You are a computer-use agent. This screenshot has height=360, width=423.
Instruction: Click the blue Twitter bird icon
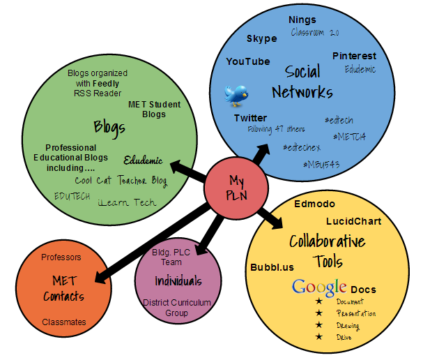tap(237, 94)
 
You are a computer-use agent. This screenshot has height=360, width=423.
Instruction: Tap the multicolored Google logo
tap(319, 287)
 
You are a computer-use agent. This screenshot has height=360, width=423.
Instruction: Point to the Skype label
tap(261, 38)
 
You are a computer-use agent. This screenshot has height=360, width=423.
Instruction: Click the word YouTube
tap(247, 61)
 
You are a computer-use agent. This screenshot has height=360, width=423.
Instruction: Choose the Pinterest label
tap(353, 56)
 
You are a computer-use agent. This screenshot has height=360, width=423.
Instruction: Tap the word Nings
tap(302, 20)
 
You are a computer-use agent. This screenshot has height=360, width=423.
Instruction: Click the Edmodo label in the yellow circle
tap(314, 204)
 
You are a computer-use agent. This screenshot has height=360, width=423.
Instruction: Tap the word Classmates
tap(63, 322)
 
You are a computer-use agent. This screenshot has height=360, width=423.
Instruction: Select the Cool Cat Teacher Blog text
tap(121, 180)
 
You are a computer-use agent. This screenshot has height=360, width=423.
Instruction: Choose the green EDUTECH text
tap(72, 196)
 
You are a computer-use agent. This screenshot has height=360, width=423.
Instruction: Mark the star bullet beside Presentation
tap(318, 313)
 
